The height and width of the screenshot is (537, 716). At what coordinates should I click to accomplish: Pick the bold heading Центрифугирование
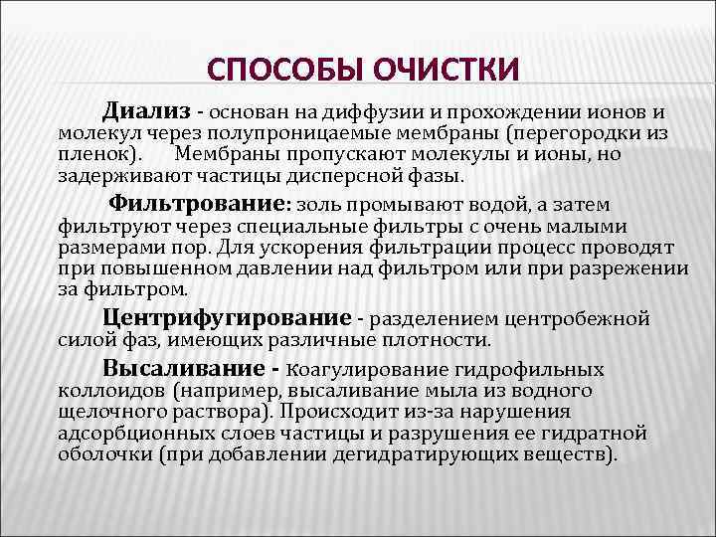pyautogui.click(x=228, y=318)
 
